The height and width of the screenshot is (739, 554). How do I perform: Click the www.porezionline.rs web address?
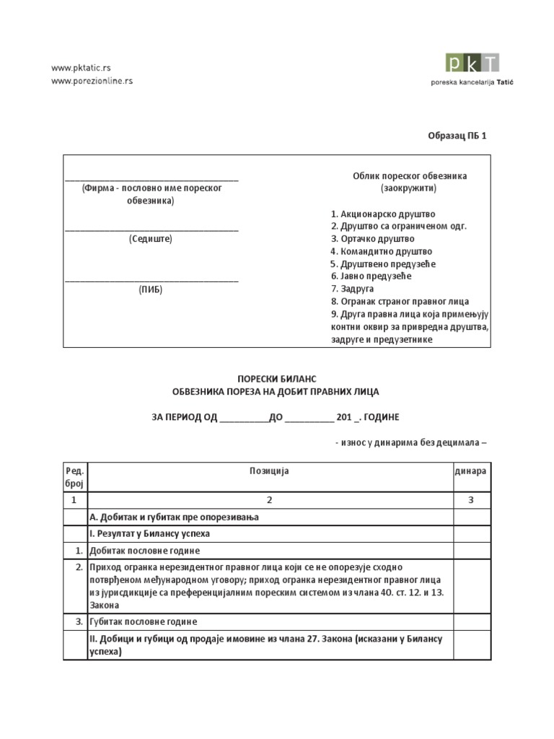(92, 81)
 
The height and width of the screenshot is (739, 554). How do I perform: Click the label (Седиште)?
(151, 239)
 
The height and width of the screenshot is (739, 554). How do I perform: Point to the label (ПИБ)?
(151, 289)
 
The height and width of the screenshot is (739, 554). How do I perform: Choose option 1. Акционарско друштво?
(383, 214)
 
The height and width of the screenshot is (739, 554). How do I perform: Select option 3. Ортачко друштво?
(372, 239)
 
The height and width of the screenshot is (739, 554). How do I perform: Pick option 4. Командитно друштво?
(381, 251)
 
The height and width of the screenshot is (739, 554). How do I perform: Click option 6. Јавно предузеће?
(370, 276)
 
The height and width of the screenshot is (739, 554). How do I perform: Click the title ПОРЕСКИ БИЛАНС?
(278, 379)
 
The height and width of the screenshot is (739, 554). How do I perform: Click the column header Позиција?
(269, 471)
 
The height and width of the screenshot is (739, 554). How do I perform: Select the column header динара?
(470, 471)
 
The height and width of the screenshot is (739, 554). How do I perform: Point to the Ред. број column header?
(75, 477)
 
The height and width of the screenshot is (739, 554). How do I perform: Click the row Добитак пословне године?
(144, 551)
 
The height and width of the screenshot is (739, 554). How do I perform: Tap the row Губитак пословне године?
(143, 621)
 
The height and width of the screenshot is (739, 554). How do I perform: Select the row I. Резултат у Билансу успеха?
(149, 534)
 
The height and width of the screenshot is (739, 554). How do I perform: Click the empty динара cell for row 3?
(470, 621)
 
